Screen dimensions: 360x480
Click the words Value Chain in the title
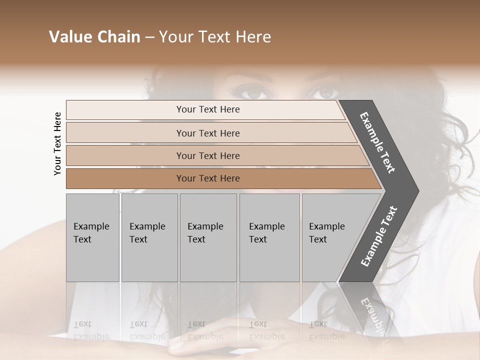coord(94,37)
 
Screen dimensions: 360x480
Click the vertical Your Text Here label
coord(57,143)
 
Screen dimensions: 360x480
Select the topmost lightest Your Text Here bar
coord(207,109)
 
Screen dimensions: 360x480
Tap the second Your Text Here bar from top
coord(207,133)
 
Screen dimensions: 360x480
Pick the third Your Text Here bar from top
coord(207,155)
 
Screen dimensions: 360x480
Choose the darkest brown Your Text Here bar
coord(207,178)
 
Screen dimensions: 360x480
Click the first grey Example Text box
coord(92,237)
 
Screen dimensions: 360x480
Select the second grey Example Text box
coord(149,237)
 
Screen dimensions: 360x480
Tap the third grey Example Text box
coord(208,237)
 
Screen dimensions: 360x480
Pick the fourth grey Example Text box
coord(269,237)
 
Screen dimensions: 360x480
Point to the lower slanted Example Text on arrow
coord(379,236)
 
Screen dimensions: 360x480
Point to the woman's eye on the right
coord(326,93)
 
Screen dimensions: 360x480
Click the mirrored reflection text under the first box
coord(91,330)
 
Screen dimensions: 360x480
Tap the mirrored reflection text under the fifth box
coord(326,330)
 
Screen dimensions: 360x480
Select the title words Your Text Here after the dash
coord(215,37)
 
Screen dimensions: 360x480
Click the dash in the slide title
coord(149,37)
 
